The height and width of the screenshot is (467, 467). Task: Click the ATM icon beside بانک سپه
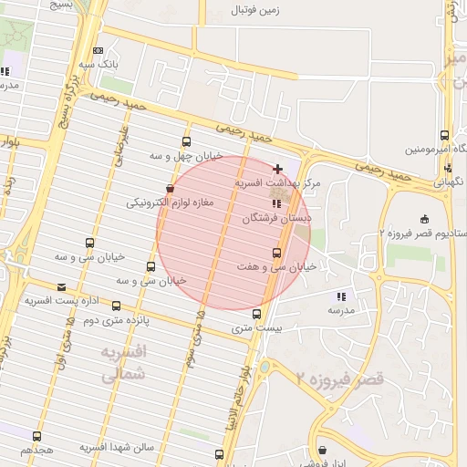tap(98, 51)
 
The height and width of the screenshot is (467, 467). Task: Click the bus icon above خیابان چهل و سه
tap(187, 142)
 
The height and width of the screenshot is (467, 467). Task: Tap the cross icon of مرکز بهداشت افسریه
tap(277, 169)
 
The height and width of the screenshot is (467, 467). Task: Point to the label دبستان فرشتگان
tap(277, 220)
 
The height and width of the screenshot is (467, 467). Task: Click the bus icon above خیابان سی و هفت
tap(276, 253)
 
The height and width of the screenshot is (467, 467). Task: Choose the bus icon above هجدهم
tap(36, 437)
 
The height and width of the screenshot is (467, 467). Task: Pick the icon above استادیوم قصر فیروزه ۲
tap(424, 218)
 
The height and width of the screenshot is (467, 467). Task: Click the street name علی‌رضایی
tap(119, 146)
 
